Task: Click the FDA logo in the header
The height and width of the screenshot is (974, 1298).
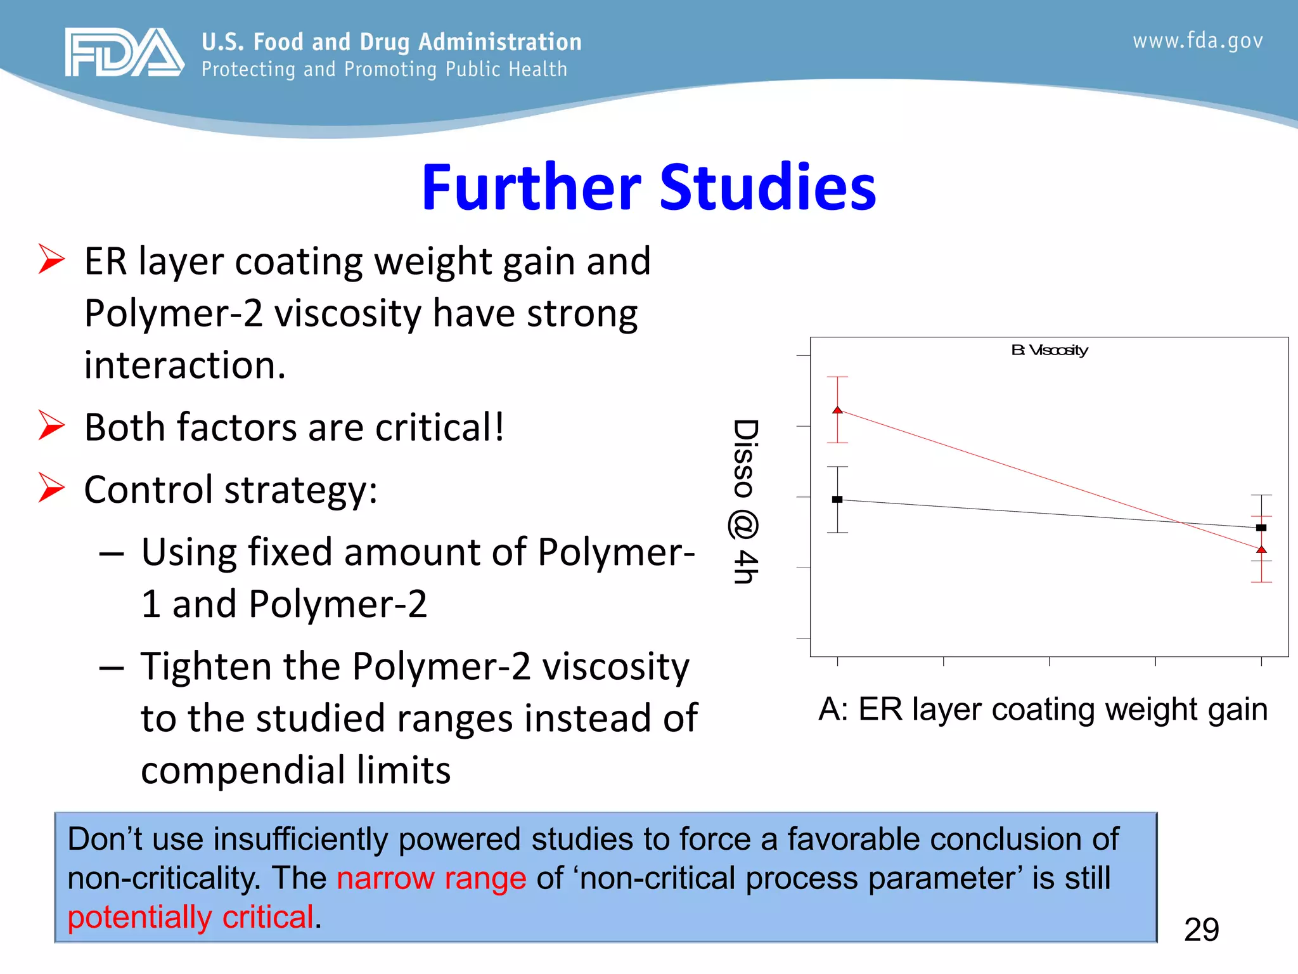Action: pos(124,52)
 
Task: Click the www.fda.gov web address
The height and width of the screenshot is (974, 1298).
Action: pos(1197,41)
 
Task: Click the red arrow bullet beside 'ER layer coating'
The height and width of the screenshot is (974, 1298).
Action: pos(51,259)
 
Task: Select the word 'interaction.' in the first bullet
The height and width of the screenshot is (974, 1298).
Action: pos(185,366)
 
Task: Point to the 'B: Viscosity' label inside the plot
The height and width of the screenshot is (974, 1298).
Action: pos(1049,350)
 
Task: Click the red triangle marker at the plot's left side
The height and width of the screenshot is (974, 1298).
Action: pos(837,410)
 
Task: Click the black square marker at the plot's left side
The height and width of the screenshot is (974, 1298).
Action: pos(837,500)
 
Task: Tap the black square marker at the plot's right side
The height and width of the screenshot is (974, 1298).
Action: pos(1261,528)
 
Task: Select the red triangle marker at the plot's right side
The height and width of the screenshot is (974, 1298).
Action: pos(1261,550)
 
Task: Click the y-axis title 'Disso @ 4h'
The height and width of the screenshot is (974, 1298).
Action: pos(745,501)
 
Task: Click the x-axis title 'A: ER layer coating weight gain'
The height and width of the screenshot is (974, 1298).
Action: pos(1043,709)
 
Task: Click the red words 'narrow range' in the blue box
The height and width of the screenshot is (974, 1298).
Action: pos(431,879)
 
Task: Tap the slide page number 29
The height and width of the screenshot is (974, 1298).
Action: pos(1201,930)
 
